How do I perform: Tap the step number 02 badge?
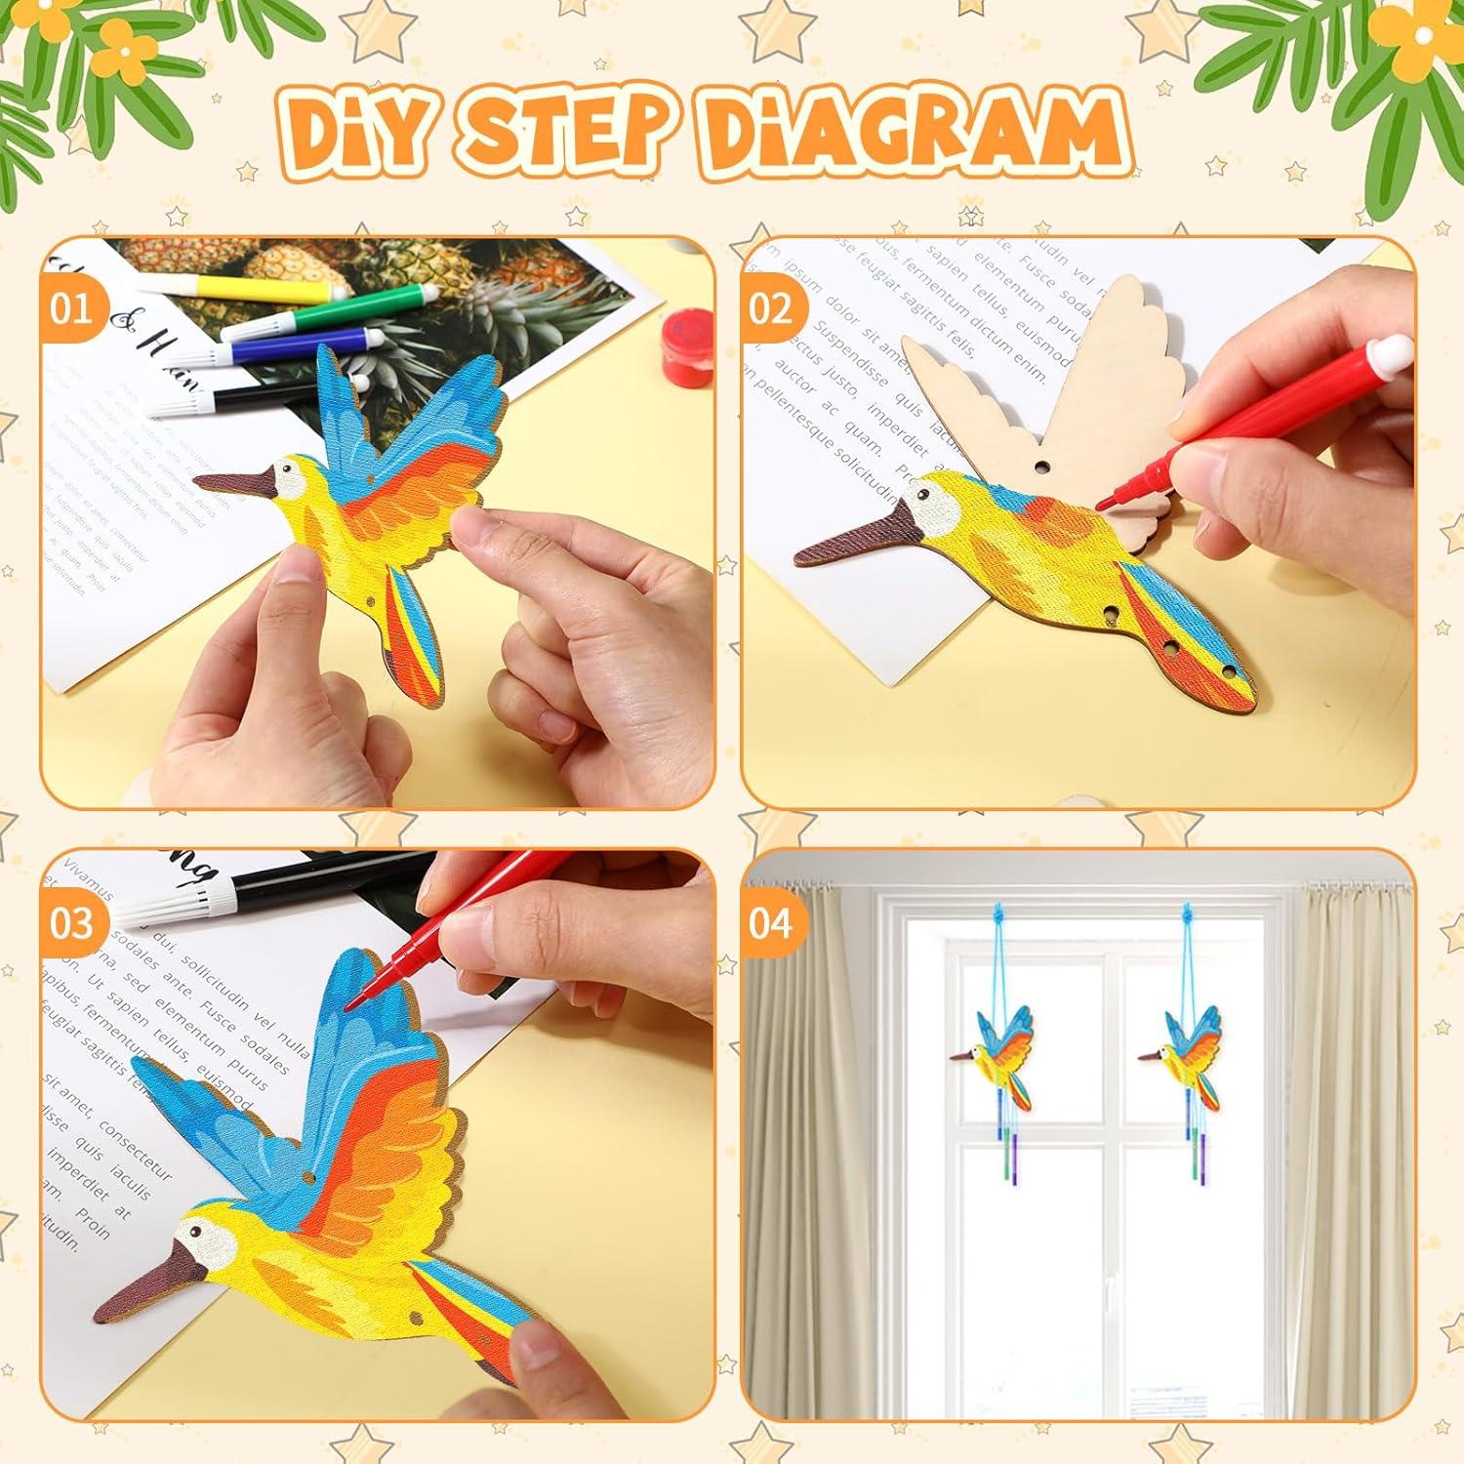(770, 310)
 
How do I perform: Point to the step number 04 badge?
(770, 923)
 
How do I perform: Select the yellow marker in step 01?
(244, 286)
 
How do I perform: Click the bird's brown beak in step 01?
(234, 480)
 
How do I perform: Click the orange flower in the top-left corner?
(117, 44)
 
